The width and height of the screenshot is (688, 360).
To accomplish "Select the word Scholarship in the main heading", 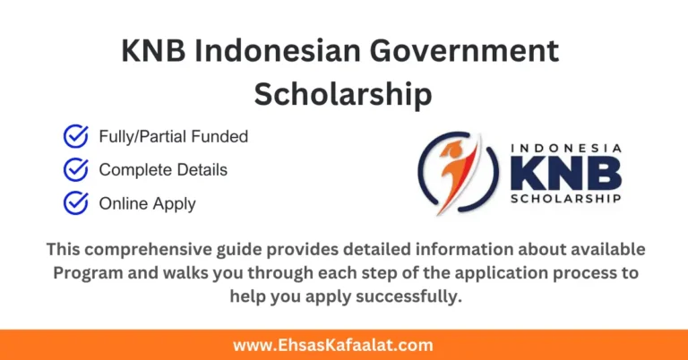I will coord(343,93).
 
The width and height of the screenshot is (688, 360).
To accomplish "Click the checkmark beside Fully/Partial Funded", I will coord(76,137).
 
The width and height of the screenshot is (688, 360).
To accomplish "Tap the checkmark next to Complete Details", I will coord(76,170).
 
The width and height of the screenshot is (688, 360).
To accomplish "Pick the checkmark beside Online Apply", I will coord(76,203).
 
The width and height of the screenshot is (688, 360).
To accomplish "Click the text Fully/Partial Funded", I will coord(173,137).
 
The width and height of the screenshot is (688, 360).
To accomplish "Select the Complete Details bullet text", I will coord(163,170).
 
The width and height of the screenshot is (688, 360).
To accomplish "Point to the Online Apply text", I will coord(147,203).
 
